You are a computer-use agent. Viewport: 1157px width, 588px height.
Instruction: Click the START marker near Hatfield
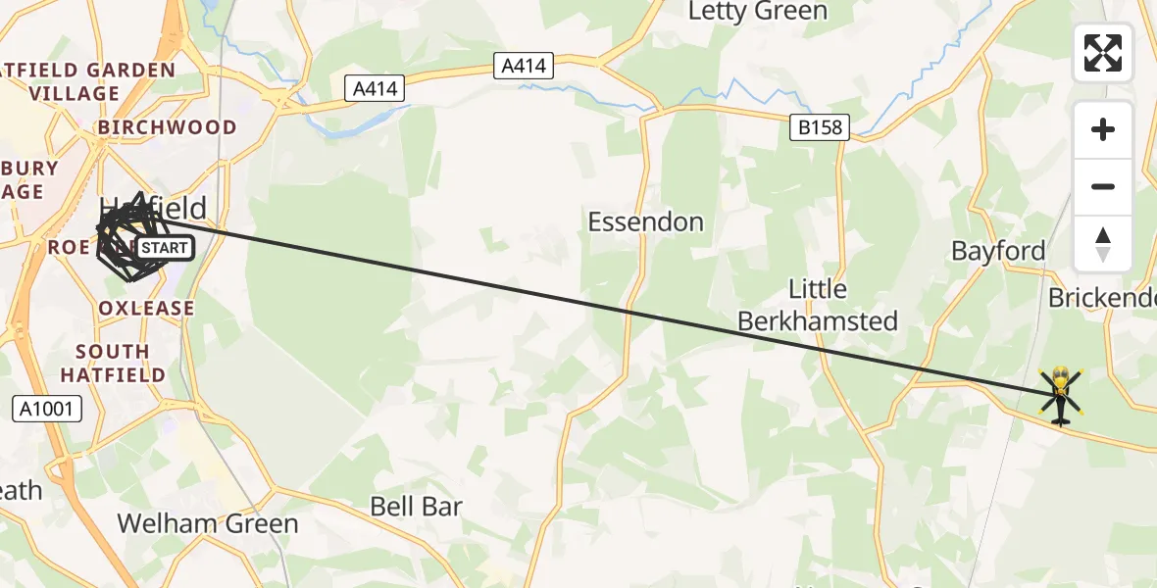tap(164, 248)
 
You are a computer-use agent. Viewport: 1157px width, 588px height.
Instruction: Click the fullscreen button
tap(1103, 53)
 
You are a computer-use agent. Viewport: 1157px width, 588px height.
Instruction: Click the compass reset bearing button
tap(1103, 244)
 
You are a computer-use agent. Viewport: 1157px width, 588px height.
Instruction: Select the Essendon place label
tap(645, 221)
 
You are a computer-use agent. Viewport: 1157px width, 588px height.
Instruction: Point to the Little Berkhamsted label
tap(817, 305)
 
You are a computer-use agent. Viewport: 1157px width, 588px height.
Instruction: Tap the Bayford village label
tap(998, 251)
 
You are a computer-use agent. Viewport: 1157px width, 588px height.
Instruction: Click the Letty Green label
tap(757, 12)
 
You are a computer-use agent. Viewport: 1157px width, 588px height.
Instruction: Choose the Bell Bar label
tap(416, 507)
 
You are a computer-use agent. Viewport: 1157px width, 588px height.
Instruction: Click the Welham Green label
tap(208, 523)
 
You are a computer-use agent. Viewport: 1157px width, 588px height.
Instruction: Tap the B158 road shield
tap(819, 126)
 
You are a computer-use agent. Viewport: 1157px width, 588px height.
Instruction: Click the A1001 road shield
tap(44, 408)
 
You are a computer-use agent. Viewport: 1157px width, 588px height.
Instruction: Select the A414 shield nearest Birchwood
tap(376, 89)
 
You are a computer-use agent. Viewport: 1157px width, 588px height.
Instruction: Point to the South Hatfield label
tap(113, 363)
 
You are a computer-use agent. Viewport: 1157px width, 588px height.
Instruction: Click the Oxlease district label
tap(146, 308)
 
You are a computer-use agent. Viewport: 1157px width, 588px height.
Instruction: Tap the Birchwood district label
tap(167, 127)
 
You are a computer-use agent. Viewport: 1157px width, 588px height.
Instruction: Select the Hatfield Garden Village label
tap(88, 82)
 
